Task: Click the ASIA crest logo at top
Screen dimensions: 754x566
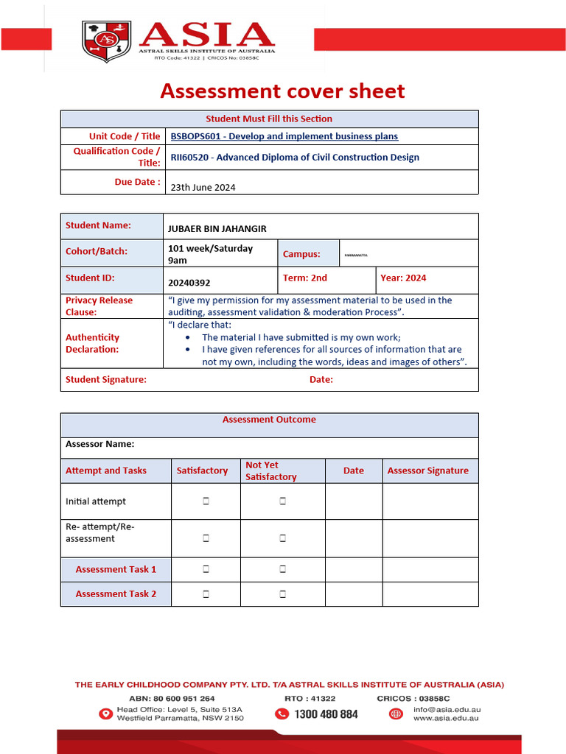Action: pyautogui.click(x=106, y=41)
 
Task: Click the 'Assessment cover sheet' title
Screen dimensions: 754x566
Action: pyautogui.click(x=282, y=91)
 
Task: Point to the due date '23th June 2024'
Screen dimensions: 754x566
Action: pyautogui.click(x=203, y=187)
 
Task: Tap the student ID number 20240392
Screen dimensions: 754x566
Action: pyautogui.click(x=189, y=282)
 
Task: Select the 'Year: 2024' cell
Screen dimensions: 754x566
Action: pyautogui.click(x=403, y=278)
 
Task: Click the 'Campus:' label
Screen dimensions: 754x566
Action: pyautogui.click(x=301, y=254)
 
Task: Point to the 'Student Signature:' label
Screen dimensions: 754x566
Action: pyautogui.click(x=106, y=380)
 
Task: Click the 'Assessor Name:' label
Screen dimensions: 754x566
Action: pyautogui.click(x=100, y=444)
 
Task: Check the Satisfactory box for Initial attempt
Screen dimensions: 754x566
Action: pyautogui.click(x=206, y=501)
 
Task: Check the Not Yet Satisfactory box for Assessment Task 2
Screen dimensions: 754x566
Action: pyautogui.click(x=282, y=593)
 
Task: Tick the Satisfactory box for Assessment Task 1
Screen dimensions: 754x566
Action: pyautogui.click(x=206, y=569)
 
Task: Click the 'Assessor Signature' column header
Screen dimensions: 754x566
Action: pyautogui.click(x=427, y=471)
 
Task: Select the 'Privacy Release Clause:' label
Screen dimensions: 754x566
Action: pyautogui.click(x=99, y=306)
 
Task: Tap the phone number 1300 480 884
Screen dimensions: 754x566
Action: pyautogui.click(x=326, y=714)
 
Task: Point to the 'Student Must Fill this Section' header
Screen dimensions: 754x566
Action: pyautogui.click(x=269, y=119)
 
